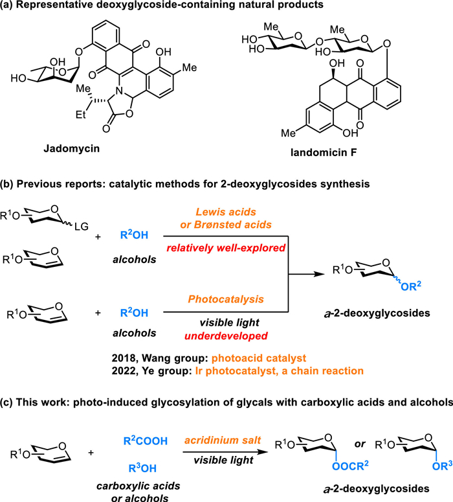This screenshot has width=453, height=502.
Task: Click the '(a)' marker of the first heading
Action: [x=10, y=9]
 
